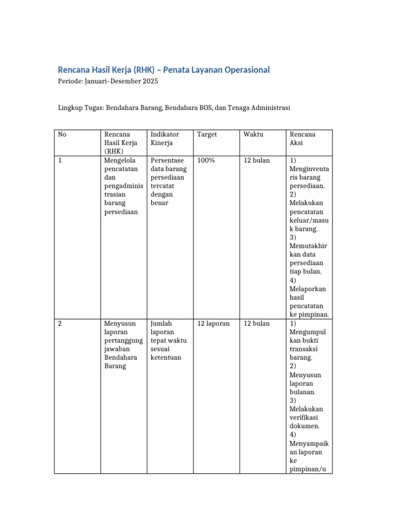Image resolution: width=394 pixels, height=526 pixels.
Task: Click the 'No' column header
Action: [x=62, y=135]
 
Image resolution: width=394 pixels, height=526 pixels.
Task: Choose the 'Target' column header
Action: [x=207, y=135]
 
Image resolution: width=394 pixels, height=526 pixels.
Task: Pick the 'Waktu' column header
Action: [x=253, y=135]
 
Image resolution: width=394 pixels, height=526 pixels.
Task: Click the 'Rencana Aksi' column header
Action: [x=303, y=138]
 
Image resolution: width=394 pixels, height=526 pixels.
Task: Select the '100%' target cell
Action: [x=206, y=161]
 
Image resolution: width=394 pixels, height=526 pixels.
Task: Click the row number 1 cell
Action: [x=60, y=161]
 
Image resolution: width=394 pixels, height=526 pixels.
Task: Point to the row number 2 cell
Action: [x=60, y=324]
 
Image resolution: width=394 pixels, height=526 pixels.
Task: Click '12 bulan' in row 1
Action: [x=257, y=161]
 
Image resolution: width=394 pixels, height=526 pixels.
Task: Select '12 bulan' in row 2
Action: [x=257, y=324]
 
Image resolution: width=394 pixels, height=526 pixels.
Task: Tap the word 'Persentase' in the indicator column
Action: [x=167, y=161]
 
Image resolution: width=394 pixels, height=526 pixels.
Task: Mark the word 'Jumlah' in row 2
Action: [x=161, y=324]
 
